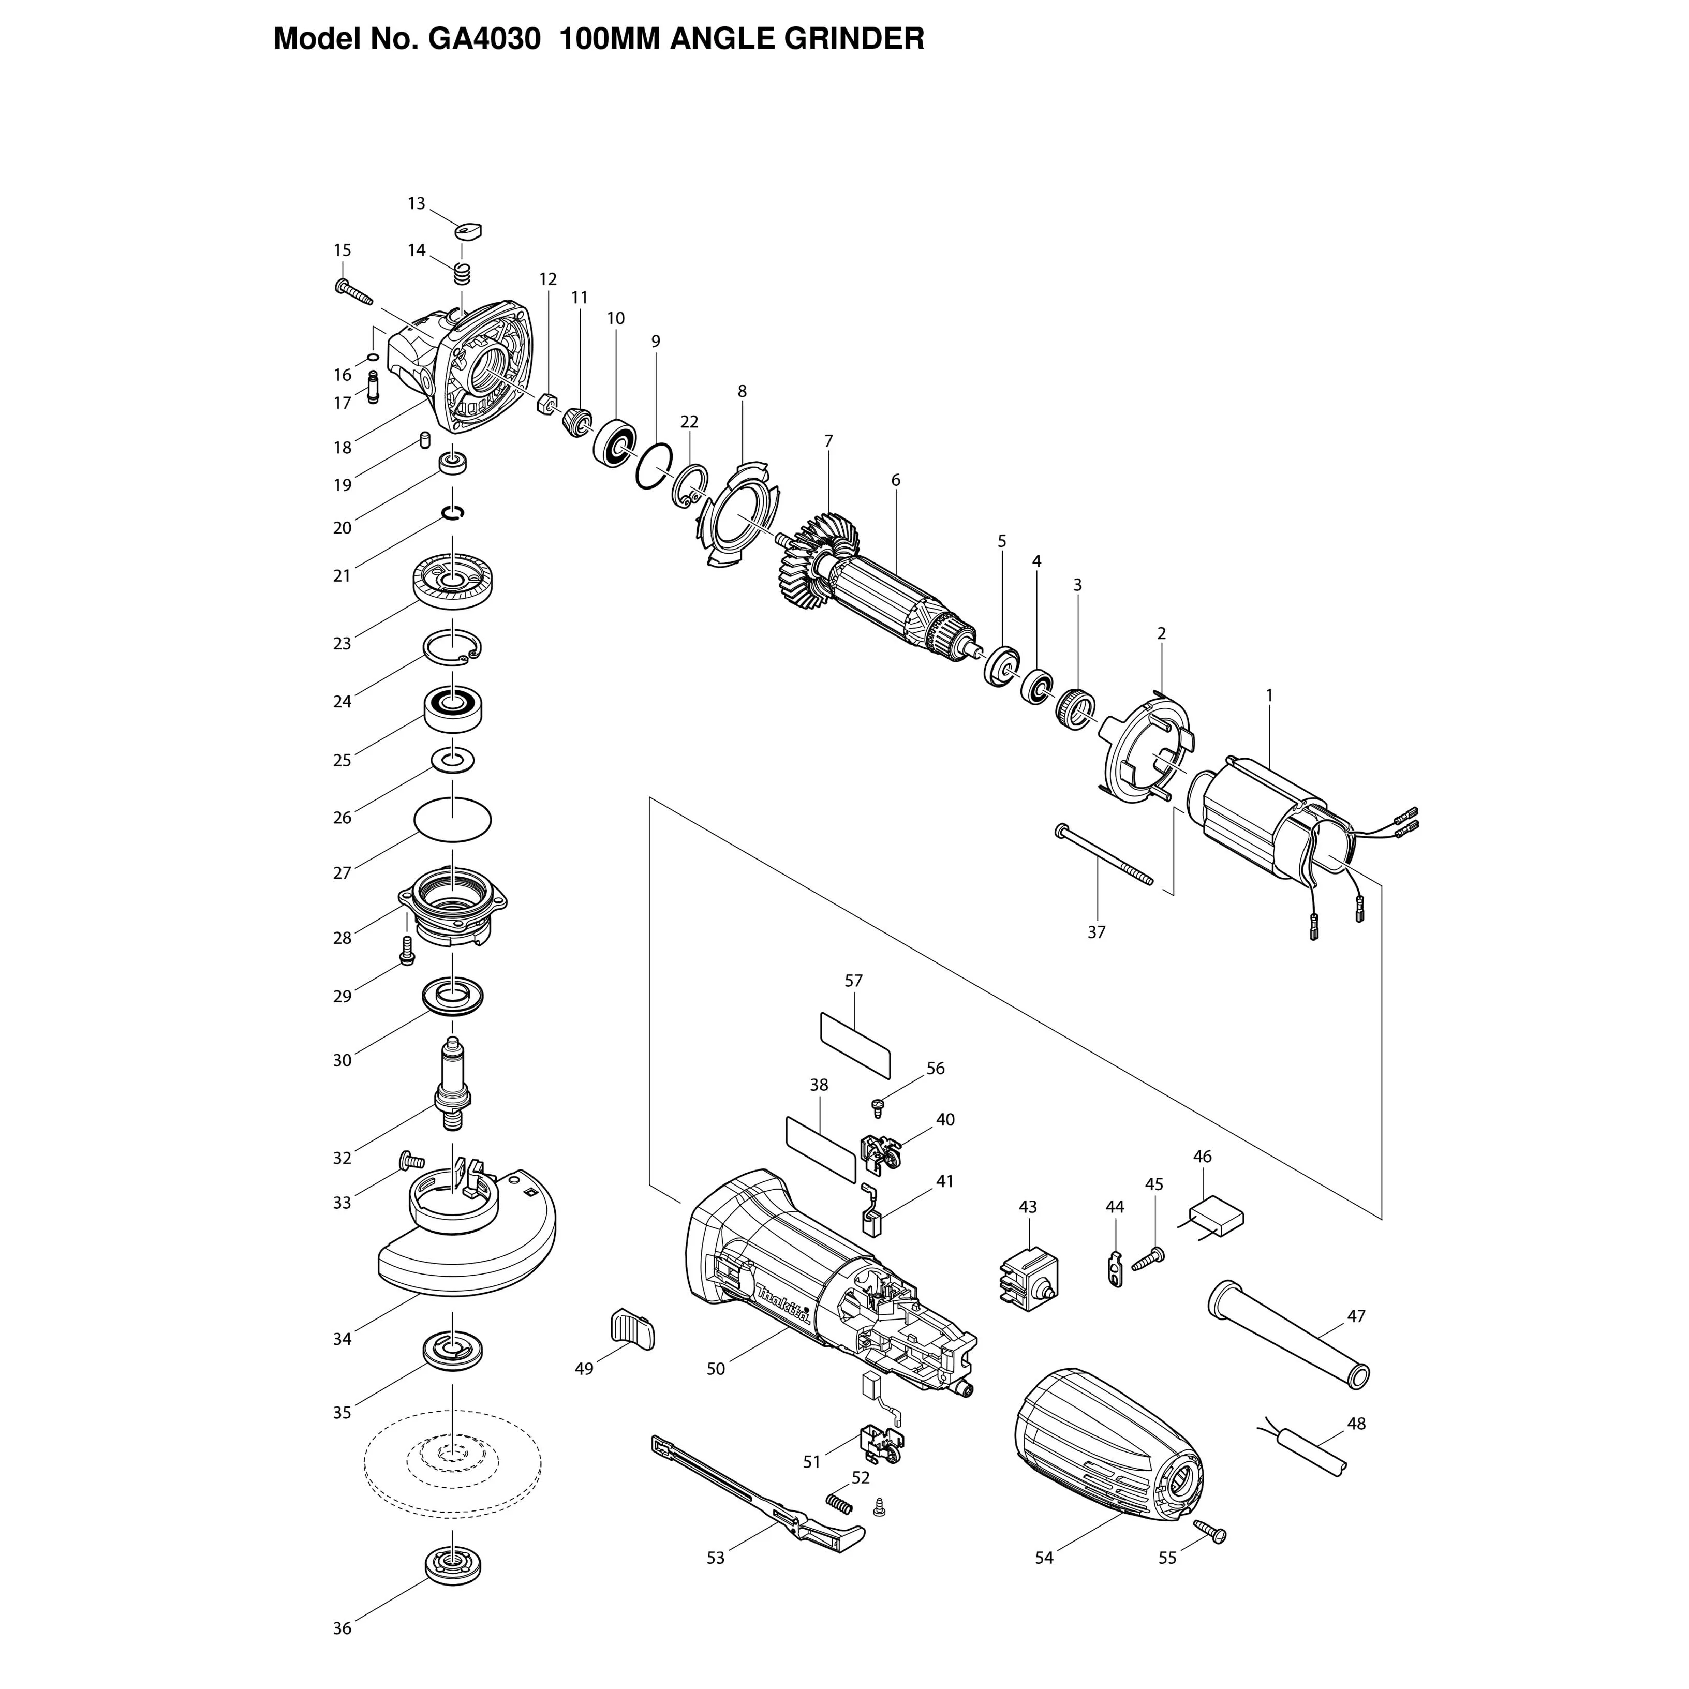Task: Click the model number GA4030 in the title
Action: [x=483, y=39]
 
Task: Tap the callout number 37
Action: [x=1097, y=932]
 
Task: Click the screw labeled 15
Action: [x=353, y=294]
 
